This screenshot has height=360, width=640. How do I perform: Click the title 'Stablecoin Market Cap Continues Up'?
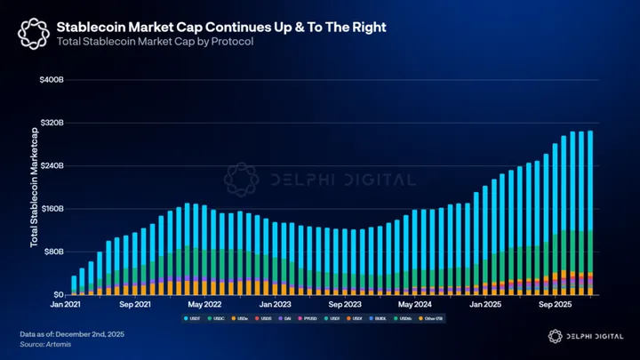pyautogui.click(x=221, y=28)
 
